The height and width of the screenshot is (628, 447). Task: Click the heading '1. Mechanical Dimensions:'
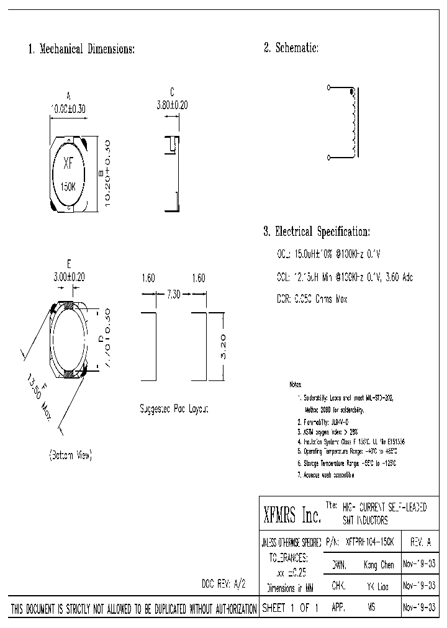pyautogui.click(x=81, y=49)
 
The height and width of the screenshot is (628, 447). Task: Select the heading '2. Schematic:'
pyautogui.click(x=291, y=48)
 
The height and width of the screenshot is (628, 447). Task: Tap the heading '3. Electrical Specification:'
pyautogui.click(x=317, y=232)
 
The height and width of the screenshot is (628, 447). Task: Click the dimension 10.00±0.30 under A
pyautogui.click(x=68, y=108)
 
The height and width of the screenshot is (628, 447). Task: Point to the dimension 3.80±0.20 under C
pyautogui.click(x=172, y=105)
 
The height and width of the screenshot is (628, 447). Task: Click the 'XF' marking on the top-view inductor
pyautogui.click(x=69, y=164)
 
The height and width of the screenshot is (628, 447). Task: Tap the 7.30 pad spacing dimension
pyautogui.click(x=173, y=295)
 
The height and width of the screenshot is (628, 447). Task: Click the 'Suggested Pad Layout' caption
pyautogui.click(x=173, y=409)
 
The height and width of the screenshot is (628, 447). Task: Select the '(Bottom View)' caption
pyautogui.click(x=70, y=455)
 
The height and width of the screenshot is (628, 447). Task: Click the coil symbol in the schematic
pyautogui.click(x=353, y=124)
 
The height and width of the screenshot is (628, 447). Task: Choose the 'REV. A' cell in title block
pyautogui.click(x=420, y=542)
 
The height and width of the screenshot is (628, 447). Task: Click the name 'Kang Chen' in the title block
pyautogui.click(x=379, y=565)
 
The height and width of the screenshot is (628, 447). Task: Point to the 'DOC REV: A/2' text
pyautogui.click(x=224, y=585)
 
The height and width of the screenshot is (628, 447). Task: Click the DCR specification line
pyautogui.click(x=312, y=299)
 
